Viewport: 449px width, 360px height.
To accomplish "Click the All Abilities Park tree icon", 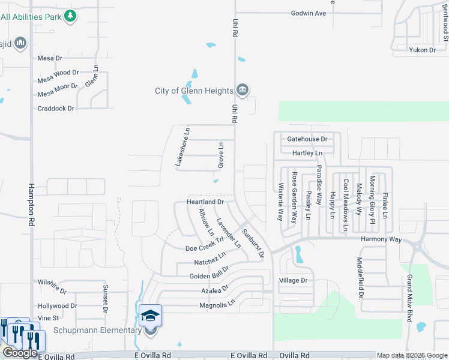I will click(x=70, y=16).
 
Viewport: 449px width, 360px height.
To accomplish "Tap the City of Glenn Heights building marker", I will click(x=242, y=91).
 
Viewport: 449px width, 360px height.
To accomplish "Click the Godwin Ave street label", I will click(x=308, y=13).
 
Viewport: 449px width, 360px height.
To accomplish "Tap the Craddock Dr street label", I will click(x=55, y=108).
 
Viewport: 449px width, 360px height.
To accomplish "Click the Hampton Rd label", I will click(x=30, y=204).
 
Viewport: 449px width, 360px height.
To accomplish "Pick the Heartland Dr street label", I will click(x=205, y=202).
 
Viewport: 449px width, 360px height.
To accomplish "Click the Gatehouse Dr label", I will click(x=307, y=139).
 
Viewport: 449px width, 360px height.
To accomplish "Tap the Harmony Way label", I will click(x=381, y=239).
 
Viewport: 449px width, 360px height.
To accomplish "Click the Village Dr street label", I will click(x=293, y=280).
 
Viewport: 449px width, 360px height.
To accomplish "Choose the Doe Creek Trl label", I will click(x=205, y=245).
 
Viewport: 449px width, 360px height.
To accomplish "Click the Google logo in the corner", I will click(x=20, y=353).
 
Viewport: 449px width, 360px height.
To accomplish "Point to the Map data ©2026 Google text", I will click(x=412, y=356).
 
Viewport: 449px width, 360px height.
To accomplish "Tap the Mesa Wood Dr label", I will click(x=58, y=73).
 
